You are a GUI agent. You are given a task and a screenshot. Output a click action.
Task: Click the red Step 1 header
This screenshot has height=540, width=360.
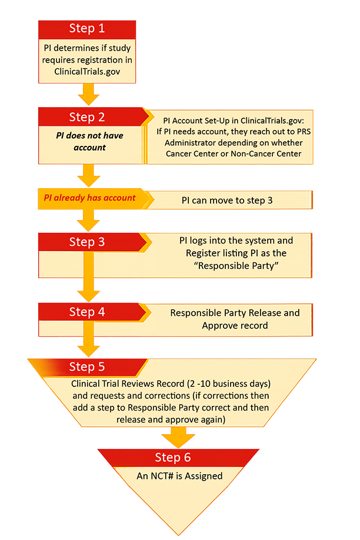87,28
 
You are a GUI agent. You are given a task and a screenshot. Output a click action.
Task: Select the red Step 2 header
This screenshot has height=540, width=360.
87,117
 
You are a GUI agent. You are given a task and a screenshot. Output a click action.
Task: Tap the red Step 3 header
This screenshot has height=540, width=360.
87,242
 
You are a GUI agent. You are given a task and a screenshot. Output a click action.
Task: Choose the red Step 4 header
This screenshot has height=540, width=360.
87,312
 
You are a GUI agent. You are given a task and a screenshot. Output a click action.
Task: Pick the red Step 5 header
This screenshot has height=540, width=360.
87,367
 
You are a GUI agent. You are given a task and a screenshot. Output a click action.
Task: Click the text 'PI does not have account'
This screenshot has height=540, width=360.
89,141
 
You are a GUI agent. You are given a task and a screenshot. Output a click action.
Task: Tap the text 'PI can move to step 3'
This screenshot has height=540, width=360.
227,200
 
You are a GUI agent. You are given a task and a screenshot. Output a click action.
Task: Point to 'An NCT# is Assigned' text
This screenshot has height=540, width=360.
179,476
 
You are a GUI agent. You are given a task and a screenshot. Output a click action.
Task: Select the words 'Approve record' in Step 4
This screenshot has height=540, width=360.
235,325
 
